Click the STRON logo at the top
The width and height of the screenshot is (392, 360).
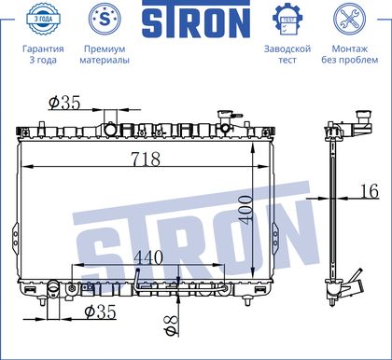(x=196, y=20)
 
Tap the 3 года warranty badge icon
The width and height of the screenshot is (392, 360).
(x=43, y=20)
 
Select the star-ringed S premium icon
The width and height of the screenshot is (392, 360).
(x=105, y=20)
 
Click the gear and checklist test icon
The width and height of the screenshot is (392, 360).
(x=287, y=20)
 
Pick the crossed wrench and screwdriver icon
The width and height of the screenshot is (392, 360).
(x=350, y=20)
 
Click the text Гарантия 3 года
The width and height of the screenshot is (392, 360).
(x=43, y=54)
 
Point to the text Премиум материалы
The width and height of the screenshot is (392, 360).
(x=105, y=54)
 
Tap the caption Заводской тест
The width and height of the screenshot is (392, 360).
(x=287, y=54)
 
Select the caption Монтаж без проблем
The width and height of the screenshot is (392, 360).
(x=350, y=54)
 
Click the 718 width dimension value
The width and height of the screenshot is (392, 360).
(x=146, y=159)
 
